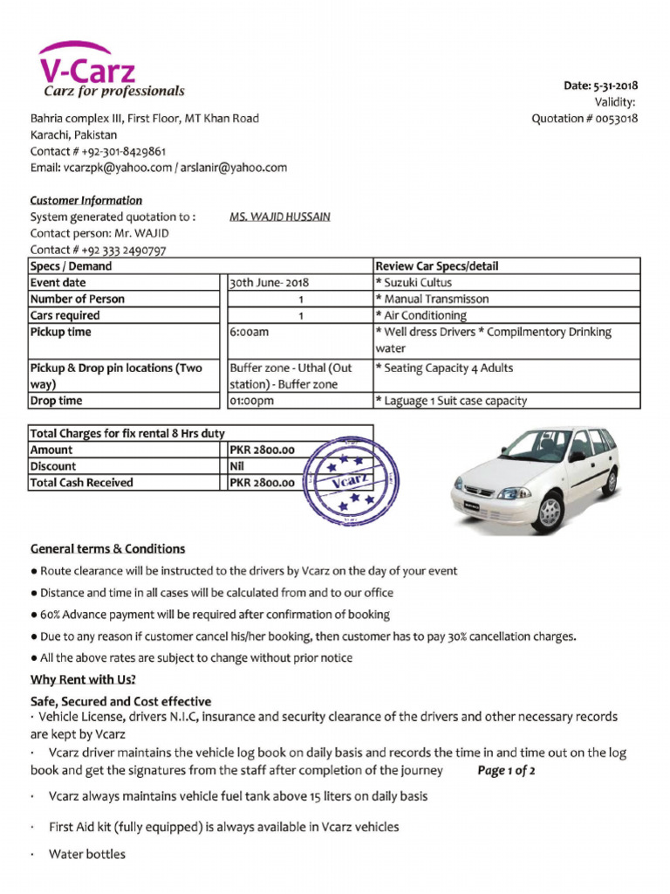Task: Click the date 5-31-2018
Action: pos(615,86)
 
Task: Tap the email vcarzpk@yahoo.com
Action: pos(118,168)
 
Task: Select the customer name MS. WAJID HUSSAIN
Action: pos(279,217)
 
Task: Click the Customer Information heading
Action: pos(86,200)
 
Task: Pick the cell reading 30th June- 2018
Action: pos(269,283)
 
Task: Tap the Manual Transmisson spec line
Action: pos(432,299)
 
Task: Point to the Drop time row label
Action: pos(57,401)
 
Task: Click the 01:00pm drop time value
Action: pos(251,402)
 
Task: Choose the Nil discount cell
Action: pos(237,466)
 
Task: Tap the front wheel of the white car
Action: pos(550,512)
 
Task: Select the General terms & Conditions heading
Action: pos(107,549)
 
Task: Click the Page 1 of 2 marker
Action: pos(506,771)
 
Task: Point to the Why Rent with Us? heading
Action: pos(83,679)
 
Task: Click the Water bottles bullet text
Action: pos(87,854)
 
